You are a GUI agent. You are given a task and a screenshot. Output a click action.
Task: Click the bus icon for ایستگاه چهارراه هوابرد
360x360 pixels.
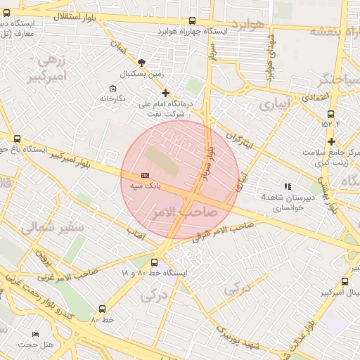193,21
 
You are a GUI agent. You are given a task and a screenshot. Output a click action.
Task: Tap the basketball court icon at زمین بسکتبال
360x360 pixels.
143,63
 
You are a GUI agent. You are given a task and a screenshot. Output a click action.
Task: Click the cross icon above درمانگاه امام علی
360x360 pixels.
165,93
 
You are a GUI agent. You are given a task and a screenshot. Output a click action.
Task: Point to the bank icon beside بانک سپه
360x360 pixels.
145,174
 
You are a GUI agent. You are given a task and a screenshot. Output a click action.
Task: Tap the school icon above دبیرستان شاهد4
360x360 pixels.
287,186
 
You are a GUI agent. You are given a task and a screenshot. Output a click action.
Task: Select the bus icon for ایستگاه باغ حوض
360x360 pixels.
18,139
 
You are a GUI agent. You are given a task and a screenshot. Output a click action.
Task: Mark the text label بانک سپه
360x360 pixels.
146,187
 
